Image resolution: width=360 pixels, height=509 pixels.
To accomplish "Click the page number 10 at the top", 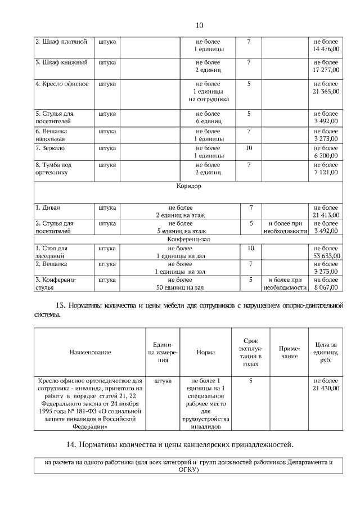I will click(199, 25).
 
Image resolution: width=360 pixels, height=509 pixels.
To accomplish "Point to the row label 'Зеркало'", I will click(50, 148).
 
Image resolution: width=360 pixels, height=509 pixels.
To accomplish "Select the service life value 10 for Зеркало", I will click(249, 148).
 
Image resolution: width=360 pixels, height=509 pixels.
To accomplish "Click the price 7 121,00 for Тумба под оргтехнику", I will click(326, 172).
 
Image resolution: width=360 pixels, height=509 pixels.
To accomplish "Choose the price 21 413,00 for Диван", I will click(326, 215).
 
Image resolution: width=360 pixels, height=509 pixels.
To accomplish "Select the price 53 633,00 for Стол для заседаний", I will click(326, 255).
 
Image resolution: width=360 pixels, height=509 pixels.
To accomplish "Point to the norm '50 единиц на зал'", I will click(180, 287).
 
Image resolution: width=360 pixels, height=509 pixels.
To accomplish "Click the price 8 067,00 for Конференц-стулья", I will click(326, 287).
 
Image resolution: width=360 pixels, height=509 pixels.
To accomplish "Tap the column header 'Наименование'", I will click(90, 352).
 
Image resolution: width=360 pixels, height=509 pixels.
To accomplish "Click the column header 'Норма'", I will click(205, 352).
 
